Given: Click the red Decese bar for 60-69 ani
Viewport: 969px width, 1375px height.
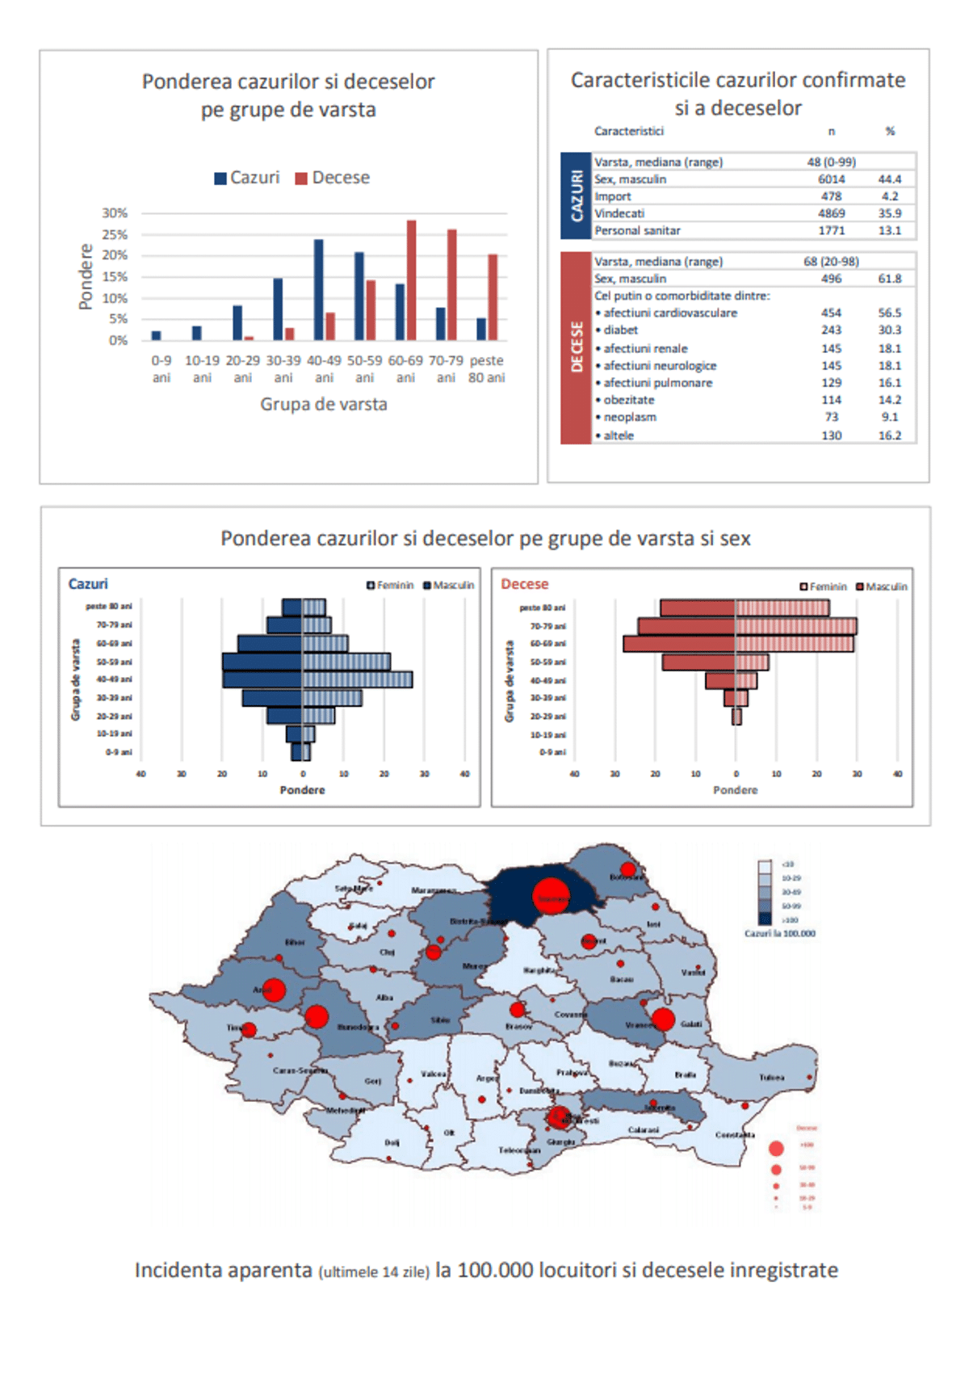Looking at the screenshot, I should pyautogui.click(x=411, y=280).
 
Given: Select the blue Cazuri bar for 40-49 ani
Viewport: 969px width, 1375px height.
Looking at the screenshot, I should pyautogui.click(x=319, y=289).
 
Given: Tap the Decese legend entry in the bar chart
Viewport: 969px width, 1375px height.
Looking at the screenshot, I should pyautogui.click(x=332, y=178).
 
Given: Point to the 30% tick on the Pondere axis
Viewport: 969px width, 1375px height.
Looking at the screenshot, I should pyautogui.click(x=115, y=213).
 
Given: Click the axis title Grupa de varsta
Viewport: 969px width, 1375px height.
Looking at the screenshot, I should pyautogui.click(x=323, y=404).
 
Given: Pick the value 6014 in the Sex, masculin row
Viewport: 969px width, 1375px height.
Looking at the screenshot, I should pyautogui.click(x=831, y=179).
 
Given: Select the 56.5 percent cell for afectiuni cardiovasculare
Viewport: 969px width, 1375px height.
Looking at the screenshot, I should pyautogui.click(x=889, y=313).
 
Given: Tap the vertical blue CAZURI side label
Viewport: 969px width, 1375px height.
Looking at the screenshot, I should pyautogui.click(x=576, y=196).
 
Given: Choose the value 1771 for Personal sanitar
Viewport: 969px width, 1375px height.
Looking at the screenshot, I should pyautogui.click(x=831, y=231).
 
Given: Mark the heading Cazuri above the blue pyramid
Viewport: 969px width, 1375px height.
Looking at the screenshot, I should pyautogui.click(x=88, y=584).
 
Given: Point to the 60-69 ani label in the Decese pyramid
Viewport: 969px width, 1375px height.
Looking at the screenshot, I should pyautogui.click(x=547, y=644).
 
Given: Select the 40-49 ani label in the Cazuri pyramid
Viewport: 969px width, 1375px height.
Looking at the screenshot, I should pyautogui.click(x=114, y=679).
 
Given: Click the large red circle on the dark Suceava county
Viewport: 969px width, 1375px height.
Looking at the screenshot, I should pyautogui.click(x=551, y=897).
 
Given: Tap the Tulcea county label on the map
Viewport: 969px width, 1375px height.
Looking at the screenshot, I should pyautogui.click(x=771, y=1077).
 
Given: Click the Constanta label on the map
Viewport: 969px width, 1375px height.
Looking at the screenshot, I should pyautogui.click(x=735, y=1135).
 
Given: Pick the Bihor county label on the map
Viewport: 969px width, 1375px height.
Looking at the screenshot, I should pyautogui.click(x=295, y=942).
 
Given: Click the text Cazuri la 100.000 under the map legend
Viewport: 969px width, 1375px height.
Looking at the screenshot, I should pyautogui.click(x=779, y=933).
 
